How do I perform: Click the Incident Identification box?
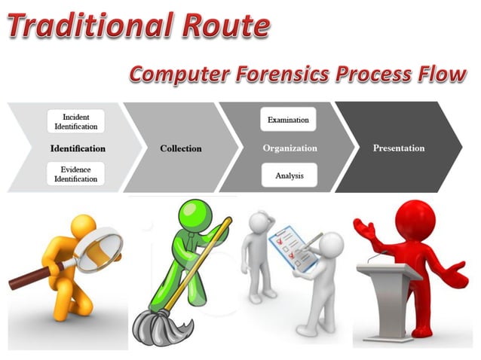[75, 122]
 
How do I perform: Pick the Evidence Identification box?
[75, 175]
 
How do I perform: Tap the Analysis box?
[289, 175]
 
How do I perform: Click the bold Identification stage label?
[78, 148]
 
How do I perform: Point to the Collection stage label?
[181, 148]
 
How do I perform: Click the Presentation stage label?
[399, 148]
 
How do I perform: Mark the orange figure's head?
[84, 227]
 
